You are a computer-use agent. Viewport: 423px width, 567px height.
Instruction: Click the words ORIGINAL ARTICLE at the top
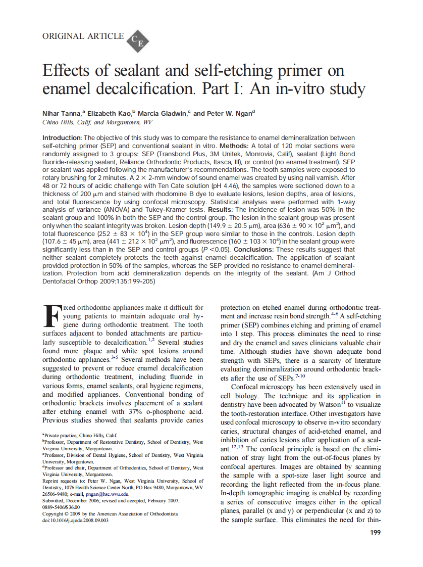pyautogui.click(x=83, y=36)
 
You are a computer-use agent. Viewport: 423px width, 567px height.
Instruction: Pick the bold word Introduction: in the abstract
pyautogui.click(x=62, y=138)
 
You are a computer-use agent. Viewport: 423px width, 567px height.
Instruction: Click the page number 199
pyautogui.click(x=375, y=532)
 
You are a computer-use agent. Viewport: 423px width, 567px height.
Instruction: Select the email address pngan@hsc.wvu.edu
pyautogui.click(x=109, y=494)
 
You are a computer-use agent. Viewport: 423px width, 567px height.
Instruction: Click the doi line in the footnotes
pyautogui.click(x=75, y=520)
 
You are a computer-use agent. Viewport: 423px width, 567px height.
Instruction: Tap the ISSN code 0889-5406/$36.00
pyautogui.click(x=61, y=507)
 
